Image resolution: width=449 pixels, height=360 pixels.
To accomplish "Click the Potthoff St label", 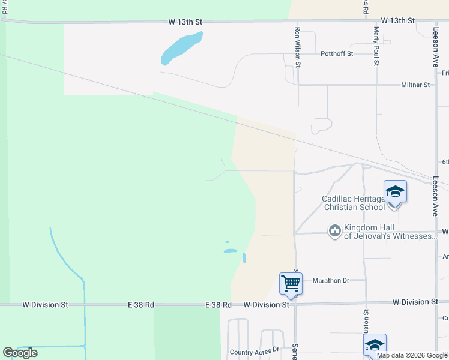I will (337, 53).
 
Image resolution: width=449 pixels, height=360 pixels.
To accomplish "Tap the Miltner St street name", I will (415, 85).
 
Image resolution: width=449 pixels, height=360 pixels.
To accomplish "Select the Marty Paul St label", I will (376, 46).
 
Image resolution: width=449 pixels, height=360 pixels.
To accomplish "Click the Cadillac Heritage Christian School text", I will (354, 203).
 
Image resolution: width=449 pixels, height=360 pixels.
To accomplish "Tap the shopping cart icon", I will (291, 283).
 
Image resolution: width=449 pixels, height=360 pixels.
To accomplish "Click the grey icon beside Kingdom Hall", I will (335, 230).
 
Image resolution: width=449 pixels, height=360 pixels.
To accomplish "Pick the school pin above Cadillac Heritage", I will (395, 192).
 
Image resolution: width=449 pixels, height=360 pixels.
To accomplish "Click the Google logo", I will (20, 353).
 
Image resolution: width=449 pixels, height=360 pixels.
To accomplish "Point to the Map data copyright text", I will (411, 355).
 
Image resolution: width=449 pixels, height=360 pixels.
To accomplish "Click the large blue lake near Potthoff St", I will (181, 48).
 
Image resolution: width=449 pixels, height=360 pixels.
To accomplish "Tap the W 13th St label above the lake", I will (185, 22).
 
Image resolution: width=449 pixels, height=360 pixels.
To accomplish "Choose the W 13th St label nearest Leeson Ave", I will (397, 20).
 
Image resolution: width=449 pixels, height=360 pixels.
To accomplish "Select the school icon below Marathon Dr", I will (375, 344).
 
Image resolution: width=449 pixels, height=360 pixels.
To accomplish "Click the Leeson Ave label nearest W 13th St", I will (436, 41).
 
